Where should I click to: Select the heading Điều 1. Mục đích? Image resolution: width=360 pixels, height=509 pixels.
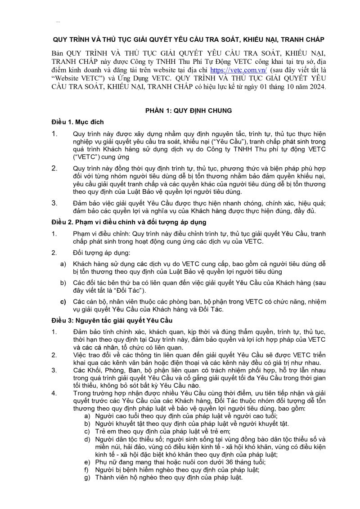(x=77, y=122)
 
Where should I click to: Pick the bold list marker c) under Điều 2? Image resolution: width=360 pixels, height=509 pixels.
(x=63, y=301)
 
